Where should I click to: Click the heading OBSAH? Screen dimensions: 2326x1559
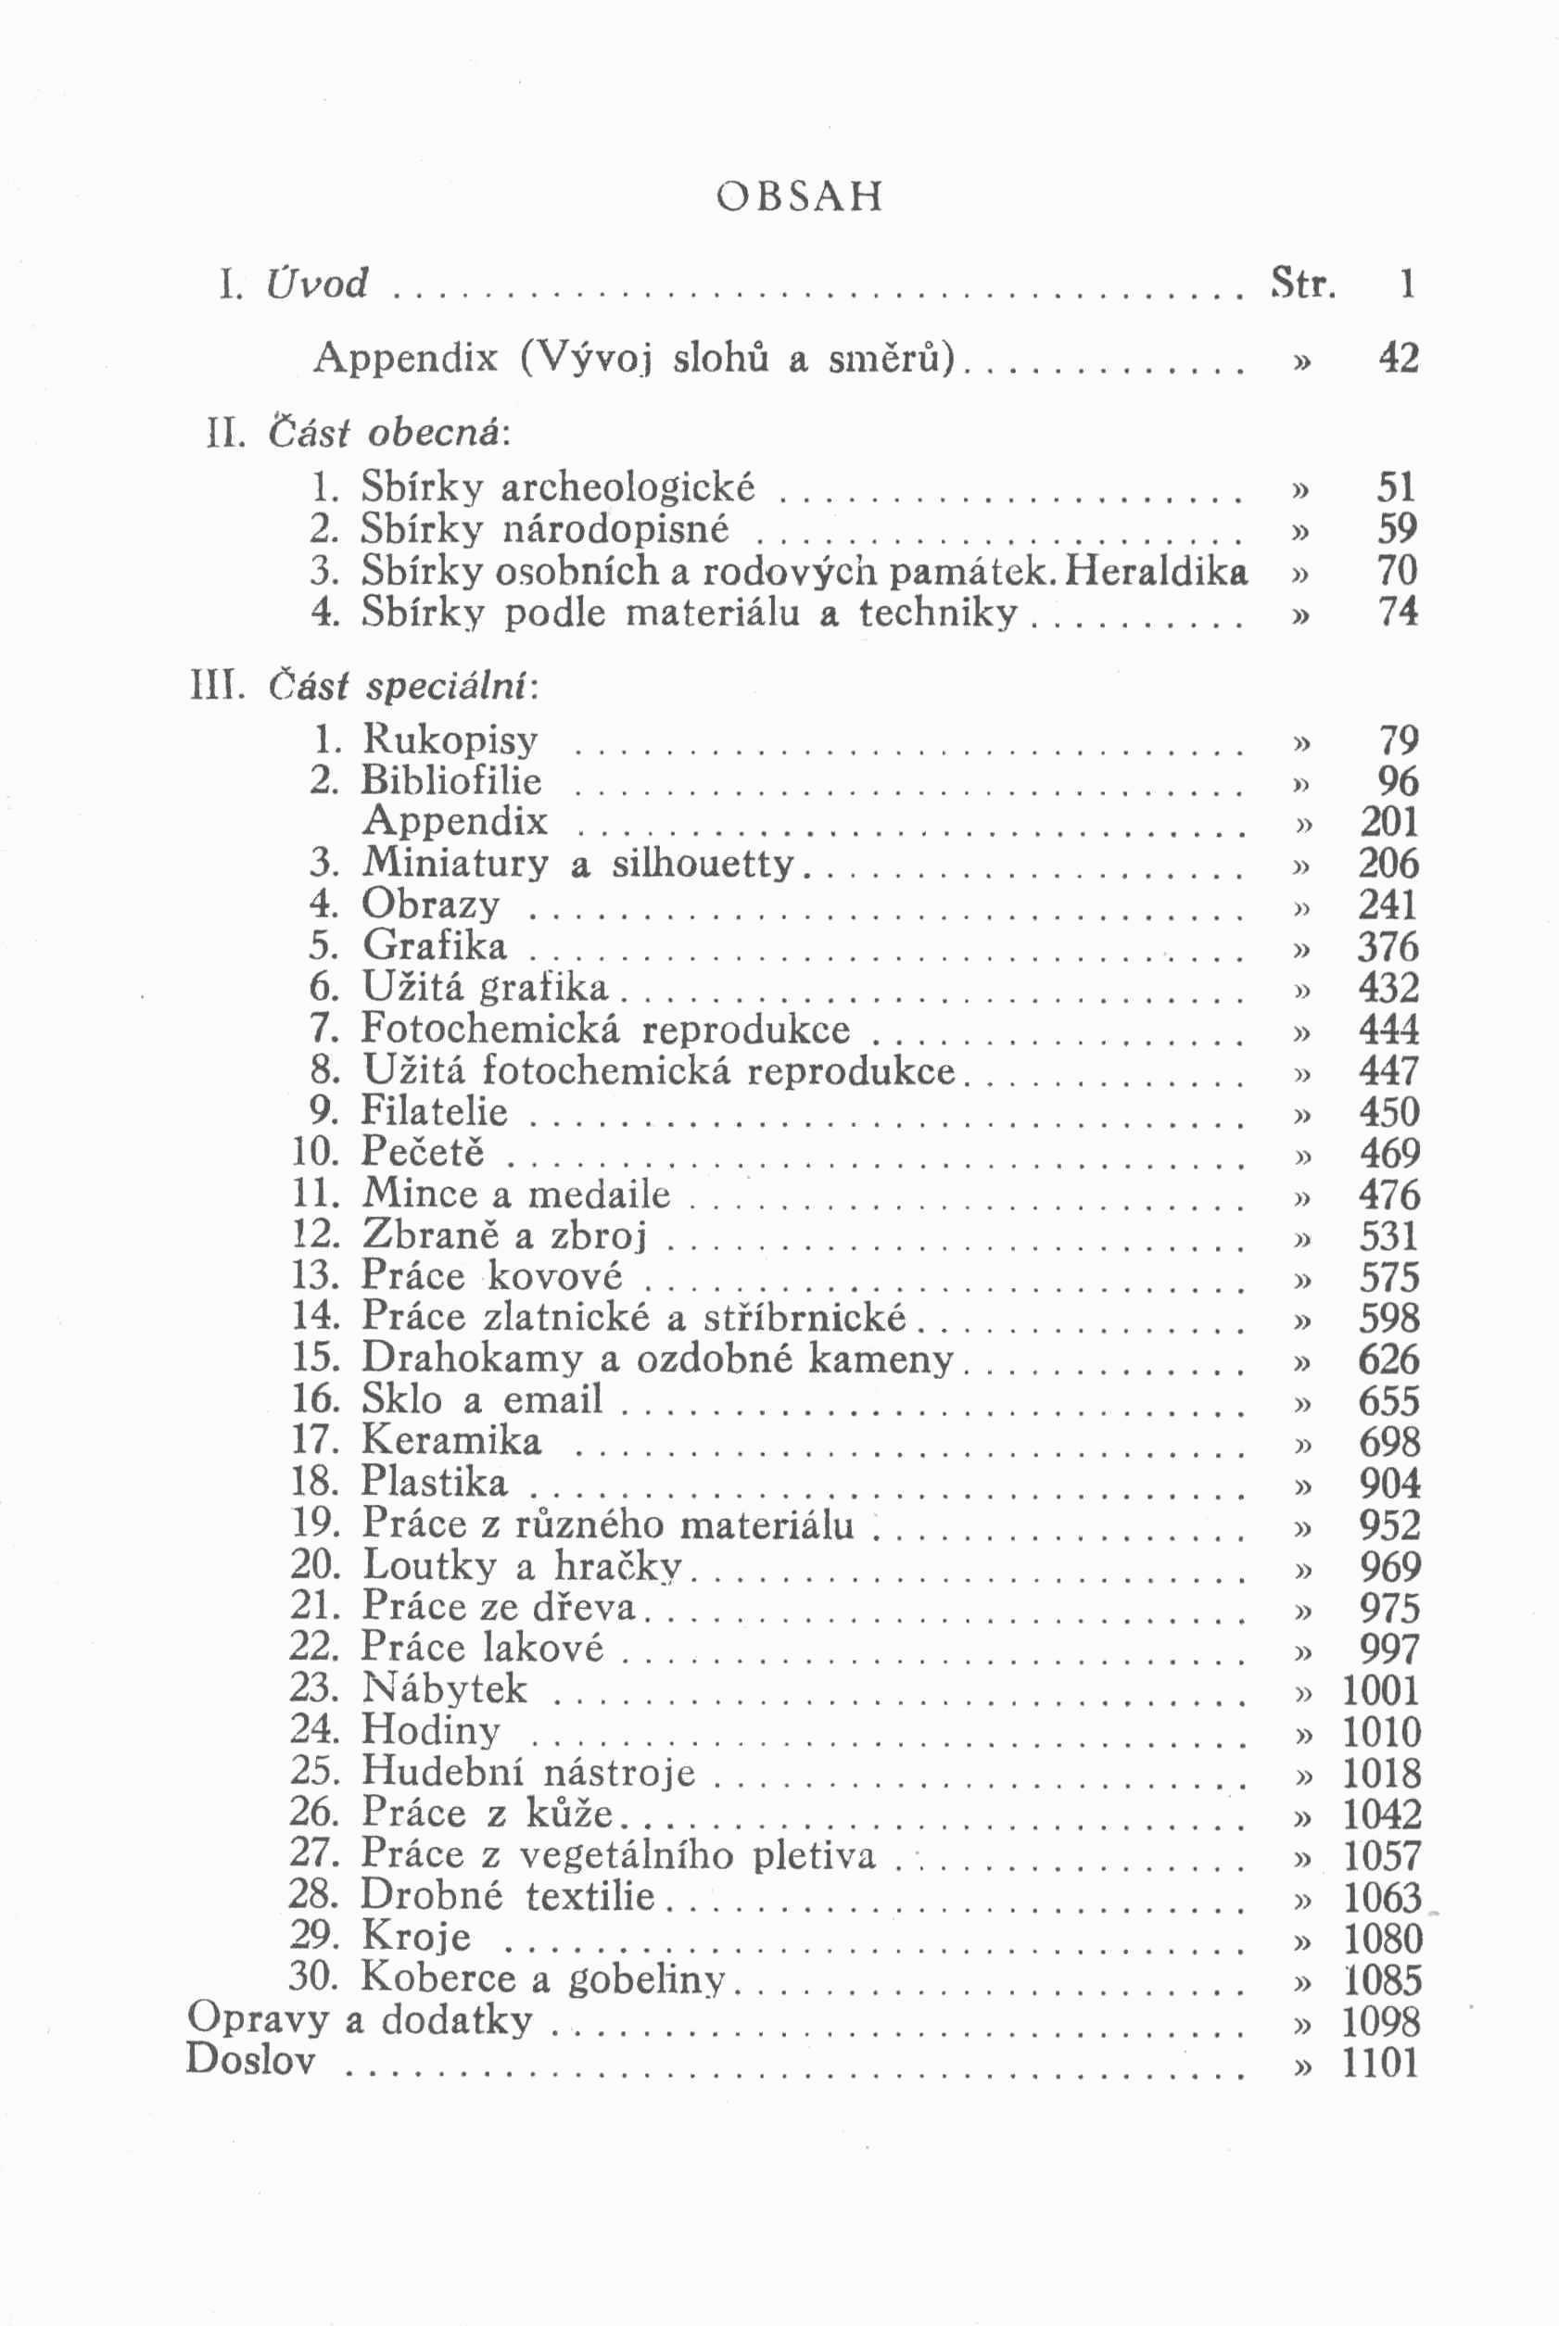798,196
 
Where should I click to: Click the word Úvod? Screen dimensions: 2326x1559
317,284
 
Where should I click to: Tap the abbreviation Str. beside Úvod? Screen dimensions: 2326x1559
1302,285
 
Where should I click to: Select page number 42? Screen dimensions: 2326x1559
1397,358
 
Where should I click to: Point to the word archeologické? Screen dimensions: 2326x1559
627,488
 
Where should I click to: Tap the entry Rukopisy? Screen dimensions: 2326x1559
450,740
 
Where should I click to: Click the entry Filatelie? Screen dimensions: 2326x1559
434,1111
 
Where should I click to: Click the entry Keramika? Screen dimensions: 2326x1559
451,1441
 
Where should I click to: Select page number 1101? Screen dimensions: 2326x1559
1380,2063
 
